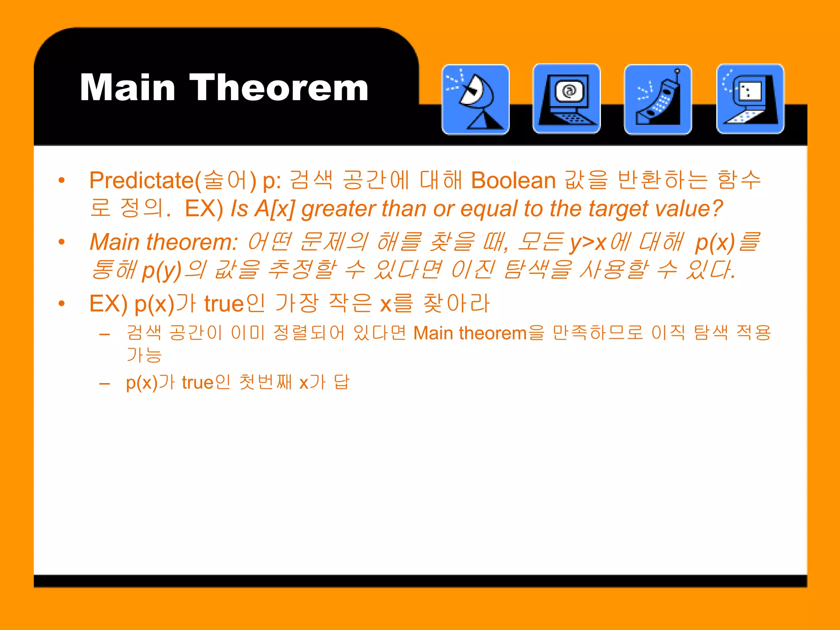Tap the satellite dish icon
coord(475,99)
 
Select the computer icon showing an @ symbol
coord(566,99)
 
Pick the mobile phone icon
coord(658,99)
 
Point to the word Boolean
coord(513,180)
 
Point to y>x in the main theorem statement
coord(588,242)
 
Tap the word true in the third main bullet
coord(224,304)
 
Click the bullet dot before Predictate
coord(62,180)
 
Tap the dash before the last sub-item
coord(105,384)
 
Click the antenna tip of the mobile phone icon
coord(677,71)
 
